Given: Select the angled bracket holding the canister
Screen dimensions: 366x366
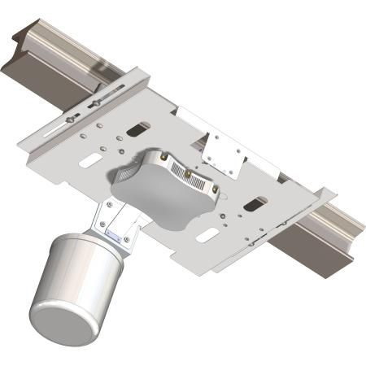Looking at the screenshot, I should pos(114,220).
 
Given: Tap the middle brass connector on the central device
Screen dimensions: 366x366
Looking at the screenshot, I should pos(190,173).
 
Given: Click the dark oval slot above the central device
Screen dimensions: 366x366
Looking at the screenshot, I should pos(139,128).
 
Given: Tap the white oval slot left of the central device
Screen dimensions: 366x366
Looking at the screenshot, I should pos(89,162).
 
